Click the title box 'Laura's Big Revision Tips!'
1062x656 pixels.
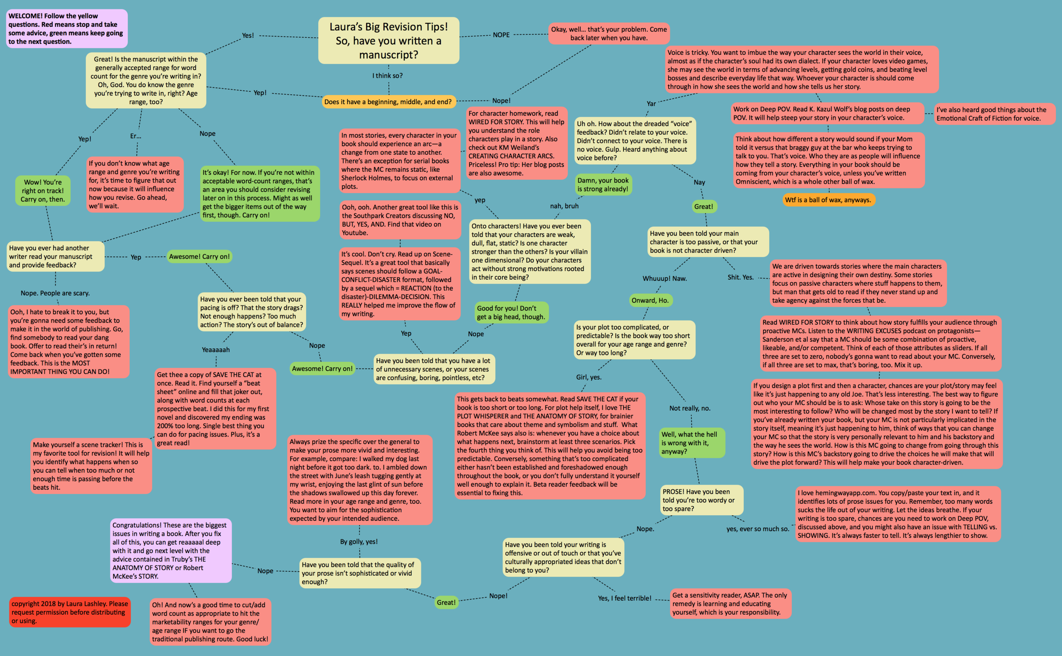pyautogui.click(x=388, y=40)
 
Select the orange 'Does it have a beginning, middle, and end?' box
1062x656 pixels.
pyautogui.click(x=388, y=102)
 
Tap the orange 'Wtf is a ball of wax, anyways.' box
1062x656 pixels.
pyautogui.click(x=828, y=199)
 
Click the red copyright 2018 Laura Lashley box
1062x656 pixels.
pyautogui.click(x=69, y=612)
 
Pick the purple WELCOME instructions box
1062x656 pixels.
pyautogui.click(x=66, y=28)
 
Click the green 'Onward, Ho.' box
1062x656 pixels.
pyautogui.click(x=650, y=300)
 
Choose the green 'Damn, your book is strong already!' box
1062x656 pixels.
pyautogui.click(x=602, y=185)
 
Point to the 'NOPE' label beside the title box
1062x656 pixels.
pyautogui.click(x=501, y=35)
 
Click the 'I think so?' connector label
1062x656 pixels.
pyautogui.click(x=387, y=76)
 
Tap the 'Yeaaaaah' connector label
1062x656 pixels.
pyautogui.click(x=215, y=350)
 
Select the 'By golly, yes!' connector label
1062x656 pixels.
pyautogui.click(x=359, y=542)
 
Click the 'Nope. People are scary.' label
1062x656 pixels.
pyautogui.click(x=55, y=293)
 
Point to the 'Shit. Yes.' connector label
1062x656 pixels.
pyautogui.click(x=740, y=277)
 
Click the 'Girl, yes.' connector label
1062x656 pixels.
pyautogui.click(x=588, y=377)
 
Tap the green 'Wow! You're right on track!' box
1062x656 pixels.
pyautogui.click(x=42, y=190)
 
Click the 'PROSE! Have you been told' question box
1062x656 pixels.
pyautogui.click(x=701, y=500)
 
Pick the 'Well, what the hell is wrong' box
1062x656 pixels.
pyautogui.click(x=692, y=443)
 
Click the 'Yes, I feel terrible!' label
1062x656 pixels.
pyautogui.click(x=624, y=598)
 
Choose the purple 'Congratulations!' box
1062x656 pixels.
pyautogui.click(x=170, y=550)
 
